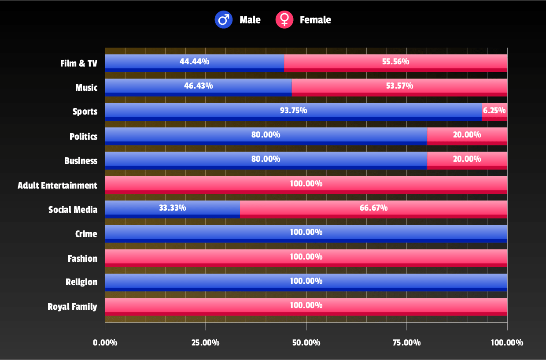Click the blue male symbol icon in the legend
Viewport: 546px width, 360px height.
coord(224,20)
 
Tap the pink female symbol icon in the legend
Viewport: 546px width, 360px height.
coord(284,20)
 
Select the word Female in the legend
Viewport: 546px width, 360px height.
coord(315,20)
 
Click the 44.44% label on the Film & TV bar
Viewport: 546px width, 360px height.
coord(194,61)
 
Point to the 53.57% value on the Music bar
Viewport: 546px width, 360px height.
coord(399,85)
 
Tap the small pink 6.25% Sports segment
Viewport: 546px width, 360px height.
coord(494,111)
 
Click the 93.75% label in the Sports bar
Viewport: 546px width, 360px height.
coord(293,110)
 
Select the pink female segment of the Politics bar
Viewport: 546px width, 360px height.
coord(467,135)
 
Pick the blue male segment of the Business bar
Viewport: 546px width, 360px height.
coord(266,159)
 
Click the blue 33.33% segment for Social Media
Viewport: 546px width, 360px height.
coord(172,208)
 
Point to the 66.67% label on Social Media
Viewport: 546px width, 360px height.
coord(373,208)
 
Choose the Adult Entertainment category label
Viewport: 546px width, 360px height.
coord(57,186)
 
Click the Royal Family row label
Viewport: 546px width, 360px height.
coord(72,307)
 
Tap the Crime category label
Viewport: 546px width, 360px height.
coord(86,234)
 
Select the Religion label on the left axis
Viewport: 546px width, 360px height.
coord(81,282)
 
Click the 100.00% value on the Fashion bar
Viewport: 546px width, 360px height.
coord(306,256)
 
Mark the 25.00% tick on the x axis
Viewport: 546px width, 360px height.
coord(205,343)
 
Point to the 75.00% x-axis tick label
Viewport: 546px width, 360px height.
coord(406,343)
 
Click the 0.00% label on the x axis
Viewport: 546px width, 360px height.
coord(105,343)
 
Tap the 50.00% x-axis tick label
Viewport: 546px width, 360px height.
coord(306,343)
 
